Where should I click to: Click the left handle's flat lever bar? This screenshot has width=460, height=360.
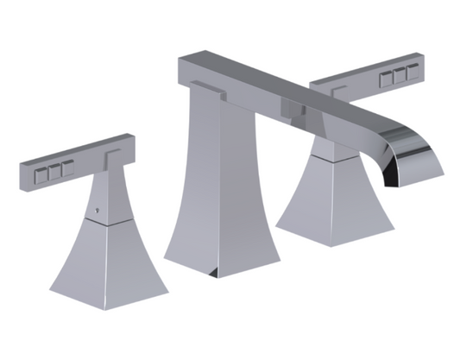[78, 156]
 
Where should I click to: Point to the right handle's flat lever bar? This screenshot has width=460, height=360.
[362, 78]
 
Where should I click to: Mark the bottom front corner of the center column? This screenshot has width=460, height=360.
[219, 276]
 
